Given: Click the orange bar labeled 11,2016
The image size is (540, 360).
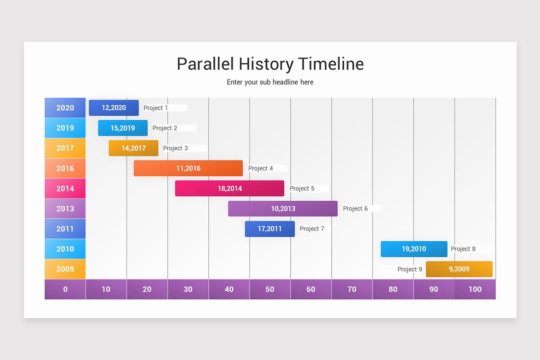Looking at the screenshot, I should tap(188, 168).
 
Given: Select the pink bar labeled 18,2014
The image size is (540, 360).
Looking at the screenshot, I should tap(229, 189).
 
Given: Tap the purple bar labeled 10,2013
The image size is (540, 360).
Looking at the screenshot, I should tap(283, 209).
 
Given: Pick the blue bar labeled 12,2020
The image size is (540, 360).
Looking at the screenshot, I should tap(114, 108).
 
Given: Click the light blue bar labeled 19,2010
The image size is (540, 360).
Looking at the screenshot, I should tap(414, 249).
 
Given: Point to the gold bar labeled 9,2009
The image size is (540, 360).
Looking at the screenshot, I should tap(459, 269).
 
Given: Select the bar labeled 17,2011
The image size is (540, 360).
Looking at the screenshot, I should tap(270, 229).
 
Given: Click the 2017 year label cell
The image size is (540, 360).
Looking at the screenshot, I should tap(65, 148).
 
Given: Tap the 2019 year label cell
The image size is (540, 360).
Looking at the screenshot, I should tap(65, 128).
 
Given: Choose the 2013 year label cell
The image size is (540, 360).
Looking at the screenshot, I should tap(65, 209).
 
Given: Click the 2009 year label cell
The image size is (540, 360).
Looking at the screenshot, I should tap(65, 269).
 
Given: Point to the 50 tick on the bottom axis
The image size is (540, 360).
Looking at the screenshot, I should tap(270, 289).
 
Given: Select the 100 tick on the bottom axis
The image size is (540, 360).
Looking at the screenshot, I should tap(475, 289).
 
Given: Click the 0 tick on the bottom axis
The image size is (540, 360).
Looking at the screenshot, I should tap(65, 289).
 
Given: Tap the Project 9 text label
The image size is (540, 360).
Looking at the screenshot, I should tap(409, 269).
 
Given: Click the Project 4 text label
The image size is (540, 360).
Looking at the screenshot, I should tap(261, 168).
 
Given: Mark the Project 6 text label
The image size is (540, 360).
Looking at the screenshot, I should tap(355, 209).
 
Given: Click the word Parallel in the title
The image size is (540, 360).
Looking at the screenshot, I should tap(205, 64).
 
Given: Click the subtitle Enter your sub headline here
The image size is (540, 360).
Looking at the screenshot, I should tap(270, 82).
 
